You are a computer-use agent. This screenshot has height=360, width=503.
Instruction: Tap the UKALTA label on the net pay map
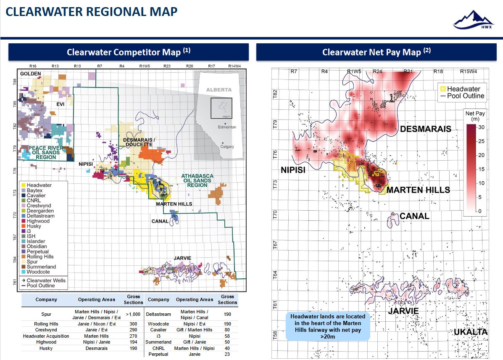(x=470, y=332)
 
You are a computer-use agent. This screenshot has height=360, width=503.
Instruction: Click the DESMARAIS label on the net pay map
(x=425, y=129)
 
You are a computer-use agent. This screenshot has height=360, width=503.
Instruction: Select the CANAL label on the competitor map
(x=160, y=221)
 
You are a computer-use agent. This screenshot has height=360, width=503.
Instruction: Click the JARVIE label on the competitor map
(x=182, y=259)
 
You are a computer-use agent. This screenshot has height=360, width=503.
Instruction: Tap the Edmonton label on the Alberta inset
(x=227, y=127)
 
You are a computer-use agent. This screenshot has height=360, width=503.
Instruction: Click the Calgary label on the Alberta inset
(x=227, y=147)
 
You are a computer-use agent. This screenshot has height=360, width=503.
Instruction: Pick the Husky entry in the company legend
(x=34, y=226)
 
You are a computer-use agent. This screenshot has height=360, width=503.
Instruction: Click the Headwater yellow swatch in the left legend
(x=24, y=185)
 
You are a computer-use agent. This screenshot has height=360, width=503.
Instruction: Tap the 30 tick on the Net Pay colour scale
(x=481, y=127)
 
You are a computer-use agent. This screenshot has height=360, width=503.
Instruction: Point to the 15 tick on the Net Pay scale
(x=481, y=169)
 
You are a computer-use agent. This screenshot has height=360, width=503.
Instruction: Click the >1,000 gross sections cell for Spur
(x=133, y=314)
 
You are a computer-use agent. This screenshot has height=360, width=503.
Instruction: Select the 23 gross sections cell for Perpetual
(x=227, y=354)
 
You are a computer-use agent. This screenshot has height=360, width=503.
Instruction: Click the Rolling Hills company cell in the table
(x=46, y=324)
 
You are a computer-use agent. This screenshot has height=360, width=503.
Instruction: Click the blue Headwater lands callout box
(x=328, y=326)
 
